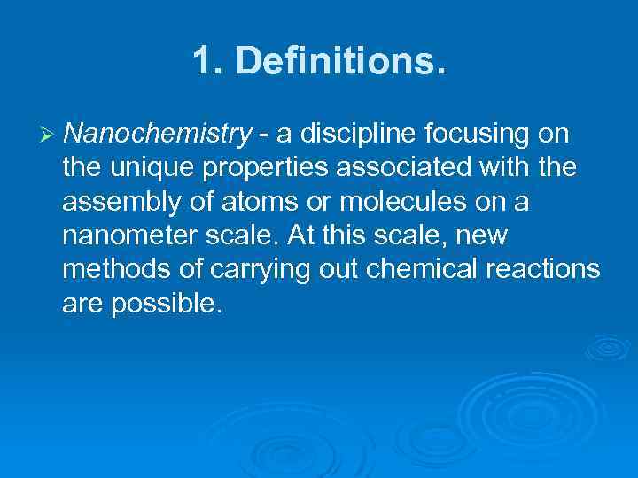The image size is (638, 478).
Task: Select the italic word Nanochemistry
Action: click(158, 134)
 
